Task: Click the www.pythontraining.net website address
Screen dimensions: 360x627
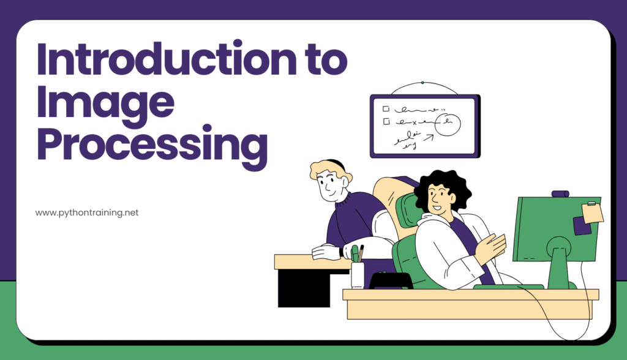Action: [87, 213]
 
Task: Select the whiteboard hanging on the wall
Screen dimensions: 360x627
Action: [424, 126]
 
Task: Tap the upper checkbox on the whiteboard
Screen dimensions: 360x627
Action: [386, 109]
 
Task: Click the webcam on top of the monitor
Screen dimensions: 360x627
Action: [560, 194]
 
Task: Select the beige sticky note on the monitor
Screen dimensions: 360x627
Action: [592, 212]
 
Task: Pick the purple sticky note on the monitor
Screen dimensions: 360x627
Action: [582, 226]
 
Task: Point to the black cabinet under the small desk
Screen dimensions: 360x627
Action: [295, 288]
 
